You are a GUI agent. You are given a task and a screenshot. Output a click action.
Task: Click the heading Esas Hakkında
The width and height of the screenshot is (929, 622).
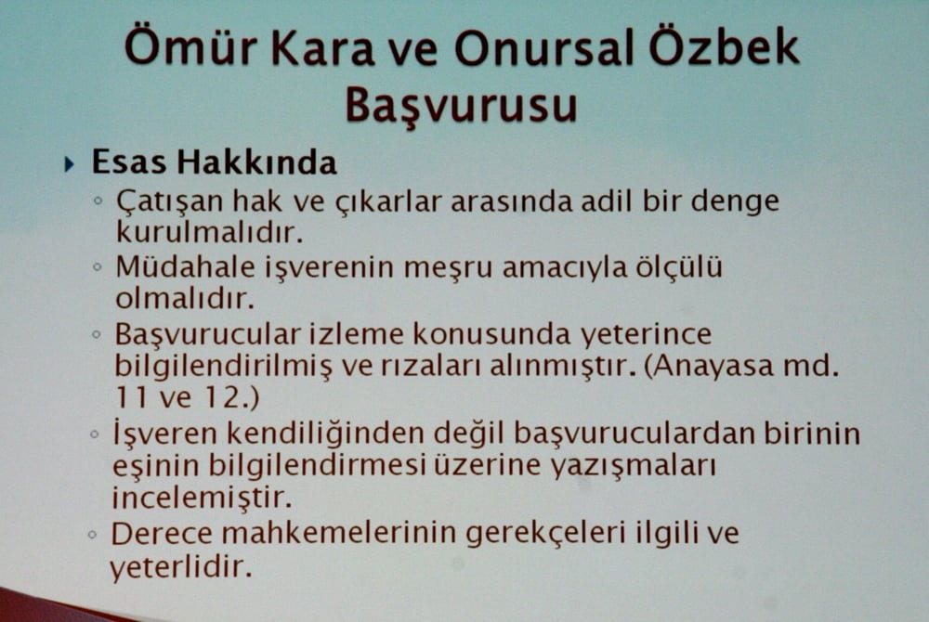click(214, 162)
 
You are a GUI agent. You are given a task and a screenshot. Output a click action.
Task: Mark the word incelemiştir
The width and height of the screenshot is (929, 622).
click(202, 497)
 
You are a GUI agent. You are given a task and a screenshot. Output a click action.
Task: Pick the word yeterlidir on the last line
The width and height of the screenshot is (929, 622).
click(180, 566)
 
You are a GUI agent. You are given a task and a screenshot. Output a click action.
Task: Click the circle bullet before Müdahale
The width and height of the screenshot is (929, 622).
click(98, 267)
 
